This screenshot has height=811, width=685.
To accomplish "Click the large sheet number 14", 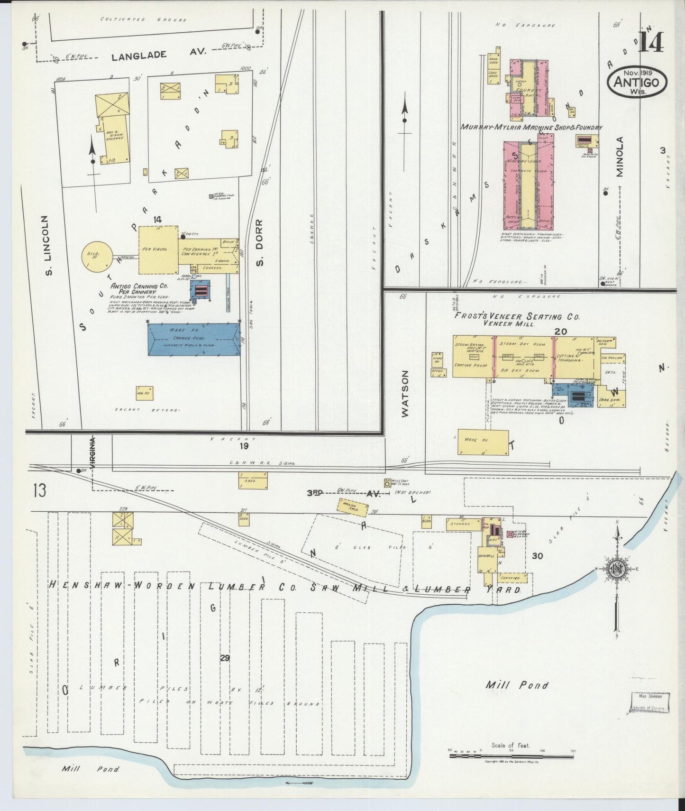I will (x=651, y=41).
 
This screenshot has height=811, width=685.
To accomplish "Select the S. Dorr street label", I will (x=259, y=242).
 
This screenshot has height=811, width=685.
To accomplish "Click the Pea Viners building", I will (x=158, y=250).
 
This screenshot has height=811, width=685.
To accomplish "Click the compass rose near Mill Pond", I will (x=617, y=569).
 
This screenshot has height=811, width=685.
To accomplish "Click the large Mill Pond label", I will (x=517, y=685).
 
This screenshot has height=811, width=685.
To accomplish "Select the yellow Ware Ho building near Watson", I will (x=483, y=442).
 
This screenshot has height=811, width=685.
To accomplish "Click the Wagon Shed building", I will (x=354, y=507).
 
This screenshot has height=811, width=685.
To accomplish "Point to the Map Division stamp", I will (x=650, y=702).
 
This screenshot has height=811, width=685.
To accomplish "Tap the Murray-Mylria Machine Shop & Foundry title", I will (x=531, y=128).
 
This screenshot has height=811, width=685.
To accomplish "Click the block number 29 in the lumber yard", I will (x=225, y=658).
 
